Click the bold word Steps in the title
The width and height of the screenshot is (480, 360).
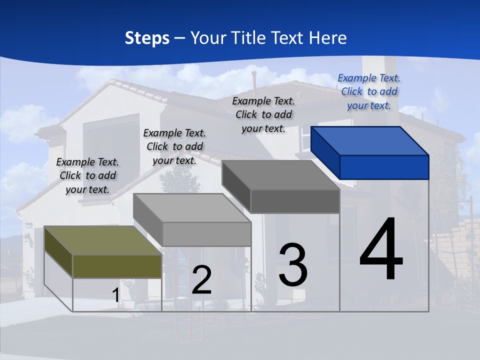tap(147, 38)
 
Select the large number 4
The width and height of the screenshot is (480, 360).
tap(381, 249)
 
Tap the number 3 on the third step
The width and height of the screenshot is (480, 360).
tap(293, 264)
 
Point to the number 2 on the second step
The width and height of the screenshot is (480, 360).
tap(201, 279)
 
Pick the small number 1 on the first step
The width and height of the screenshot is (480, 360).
tap(115, 295)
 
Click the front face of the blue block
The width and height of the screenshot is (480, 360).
tap(384, 167)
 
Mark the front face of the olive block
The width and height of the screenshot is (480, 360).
tap(117, 266)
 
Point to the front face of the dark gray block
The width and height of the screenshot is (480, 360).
tap(295, 201)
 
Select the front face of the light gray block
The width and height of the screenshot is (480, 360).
tap(207, 234)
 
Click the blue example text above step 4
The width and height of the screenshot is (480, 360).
tap(369, 91)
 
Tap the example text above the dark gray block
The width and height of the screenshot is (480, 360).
tap(263, 114)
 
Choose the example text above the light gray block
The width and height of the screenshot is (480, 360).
tap(174, 146)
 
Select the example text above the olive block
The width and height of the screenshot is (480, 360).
tap(87, 175)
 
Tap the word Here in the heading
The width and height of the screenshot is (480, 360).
tap(328, 38)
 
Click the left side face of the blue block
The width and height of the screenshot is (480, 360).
tap(325, 152)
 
